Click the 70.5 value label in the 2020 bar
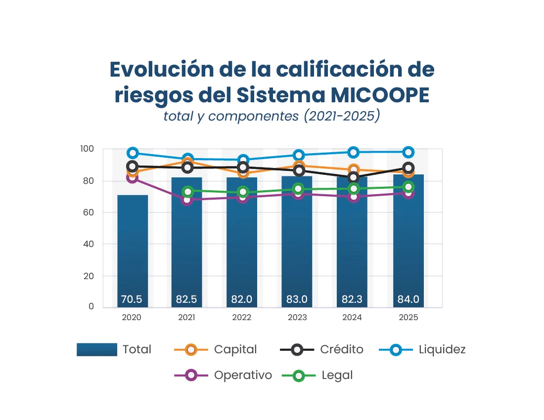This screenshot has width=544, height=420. point(132,299)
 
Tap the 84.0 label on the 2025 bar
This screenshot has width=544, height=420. point(408,299)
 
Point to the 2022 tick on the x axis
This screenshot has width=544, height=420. point(242,318)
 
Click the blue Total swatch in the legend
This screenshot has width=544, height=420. point(97,350)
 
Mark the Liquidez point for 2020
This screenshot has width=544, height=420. point(133,153)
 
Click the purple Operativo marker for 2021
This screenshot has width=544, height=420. point(187,200)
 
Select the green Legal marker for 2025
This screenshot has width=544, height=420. point(408,187)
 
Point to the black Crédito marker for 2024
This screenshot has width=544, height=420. point(353,177)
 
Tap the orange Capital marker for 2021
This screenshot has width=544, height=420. point(187,162)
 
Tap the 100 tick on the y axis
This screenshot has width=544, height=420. point(87,149)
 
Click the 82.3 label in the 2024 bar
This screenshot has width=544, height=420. point(353,299)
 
